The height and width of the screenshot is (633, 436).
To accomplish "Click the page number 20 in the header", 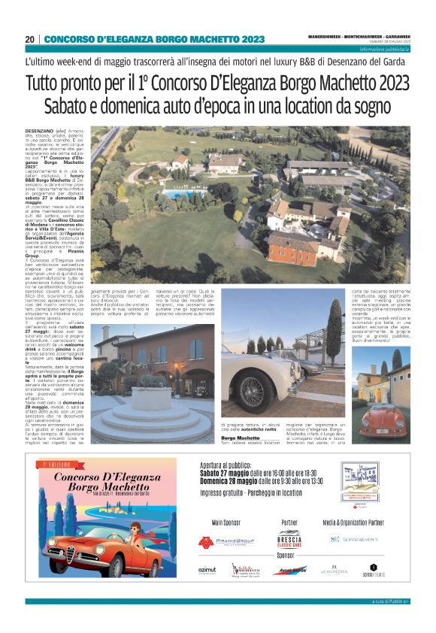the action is (30, 39).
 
